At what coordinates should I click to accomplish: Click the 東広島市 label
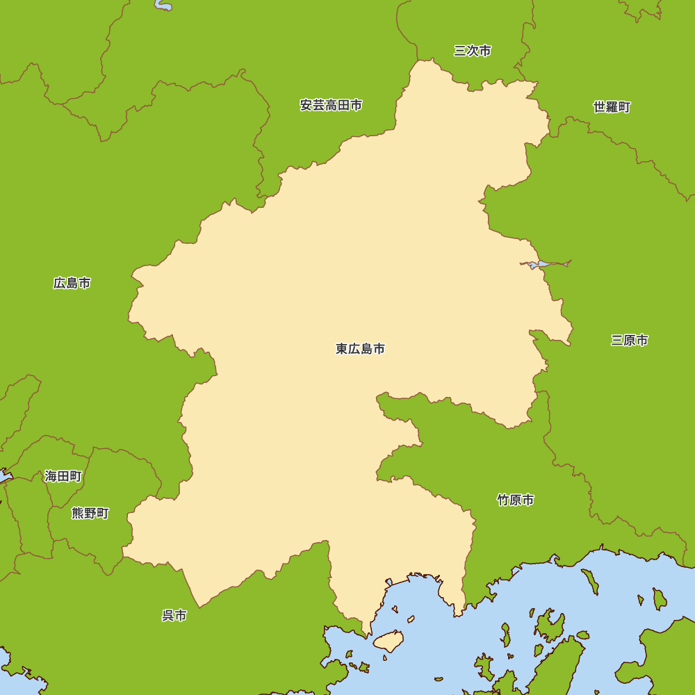point(360,349)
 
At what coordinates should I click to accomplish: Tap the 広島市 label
point(72,283)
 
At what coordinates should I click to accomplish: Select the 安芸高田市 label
point(331,106)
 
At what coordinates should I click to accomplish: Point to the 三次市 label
point(473,51)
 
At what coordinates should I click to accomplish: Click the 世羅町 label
point(612,107)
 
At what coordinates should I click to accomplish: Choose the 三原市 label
point(630,340)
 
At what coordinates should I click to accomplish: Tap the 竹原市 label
point(516,500)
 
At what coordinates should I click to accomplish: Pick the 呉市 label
point(174,615)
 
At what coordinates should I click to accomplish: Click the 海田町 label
point(63,476)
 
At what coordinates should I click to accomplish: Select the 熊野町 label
point(90,513)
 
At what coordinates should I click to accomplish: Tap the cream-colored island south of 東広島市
point(389,640)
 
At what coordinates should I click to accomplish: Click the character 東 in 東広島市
point(342,349)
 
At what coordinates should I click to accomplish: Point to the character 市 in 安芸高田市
point(356,106)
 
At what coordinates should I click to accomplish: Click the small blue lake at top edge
point(164,6)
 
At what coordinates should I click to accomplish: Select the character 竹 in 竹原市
point(503,500)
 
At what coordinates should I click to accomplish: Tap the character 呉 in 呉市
point(167,615)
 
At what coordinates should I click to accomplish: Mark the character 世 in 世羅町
point(599,107)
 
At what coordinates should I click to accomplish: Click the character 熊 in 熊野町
point(78,513)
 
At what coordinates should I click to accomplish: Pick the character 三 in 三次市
point(460,51)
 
